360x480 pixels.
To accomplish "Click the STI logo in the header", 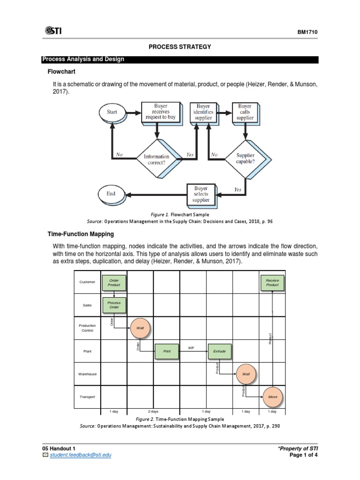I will (52, 31).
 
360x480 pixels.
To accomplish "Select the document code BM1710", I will (307, 32).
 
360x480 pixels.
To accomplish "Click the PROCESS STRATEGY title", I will (180, 47).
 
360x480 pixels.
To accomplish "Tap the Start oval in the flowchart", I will (112, 112).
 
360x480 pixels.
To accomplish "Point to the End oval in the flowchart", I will (111, 194).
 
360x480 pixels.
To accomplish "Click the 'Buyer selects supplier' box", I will (201, 194).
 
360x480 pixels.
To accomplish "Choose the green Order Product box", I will (114, 282).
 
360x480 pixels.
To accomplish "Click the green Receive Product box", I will (272, 282).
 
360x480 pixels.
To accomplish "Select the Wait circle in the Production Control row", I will (140, 328).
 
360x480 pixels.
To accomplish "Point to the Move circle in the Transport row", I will (272, 397).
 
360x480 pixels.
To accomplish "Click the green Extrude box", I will (219, 351).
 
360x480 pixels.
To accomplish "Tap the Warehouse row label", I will (88, 374).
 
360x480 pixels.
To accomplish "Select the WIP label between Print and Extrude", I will (191, 348).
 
